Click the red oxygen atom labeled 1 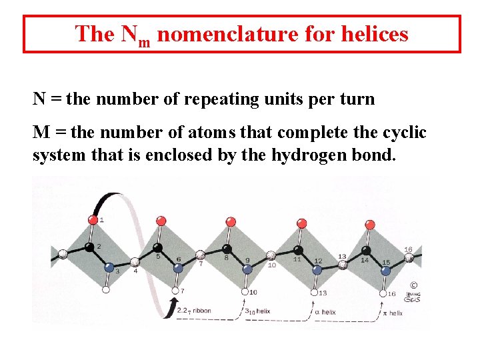tap(93, 219)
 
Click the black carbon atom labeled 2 tap(89, 248)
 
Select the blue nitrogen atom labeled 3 tap(109, 267)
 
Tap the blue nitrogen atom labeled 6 tap(178, 268)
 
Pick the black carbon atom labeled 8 tap(227, 249)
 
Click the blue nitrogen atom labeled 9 tap(247, 269)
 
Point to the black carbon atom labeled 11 tap(297, 250)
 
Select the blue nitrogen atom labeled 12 tap(317, 269)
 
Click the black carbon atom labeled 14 tap(365, 251)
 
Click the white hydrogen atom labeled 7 tap(175, 291)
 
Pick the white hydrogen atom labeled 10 tap(245, 291)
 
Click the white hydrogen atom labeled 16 tap(383, 292)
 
